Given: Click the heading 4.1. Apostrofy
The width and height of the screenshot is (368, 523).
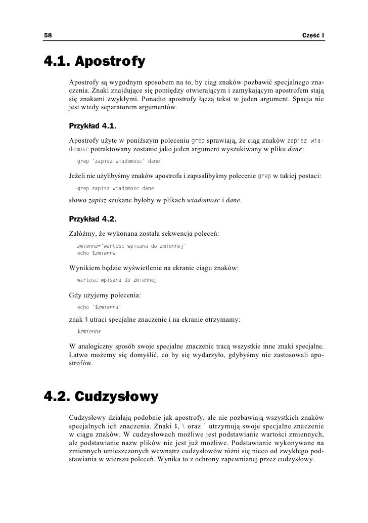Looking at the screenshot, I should pos(95,62).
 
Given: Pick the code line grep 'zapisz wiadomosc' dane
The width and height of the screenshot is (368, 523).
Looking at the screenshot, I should pos(118,161).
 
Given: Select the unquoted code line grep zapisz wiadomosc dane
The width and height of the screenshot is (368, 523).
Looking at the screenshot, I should pos(115,188).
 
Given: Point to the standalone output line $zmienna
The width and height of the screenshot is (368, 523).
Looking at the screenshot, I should pos(88,332).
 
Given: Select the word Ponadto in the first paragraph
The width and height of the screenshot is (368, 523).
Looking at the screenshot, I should pos(155,98).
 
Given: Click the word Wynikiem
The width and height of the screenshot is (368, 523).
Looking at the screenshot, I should pos(84,267).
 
